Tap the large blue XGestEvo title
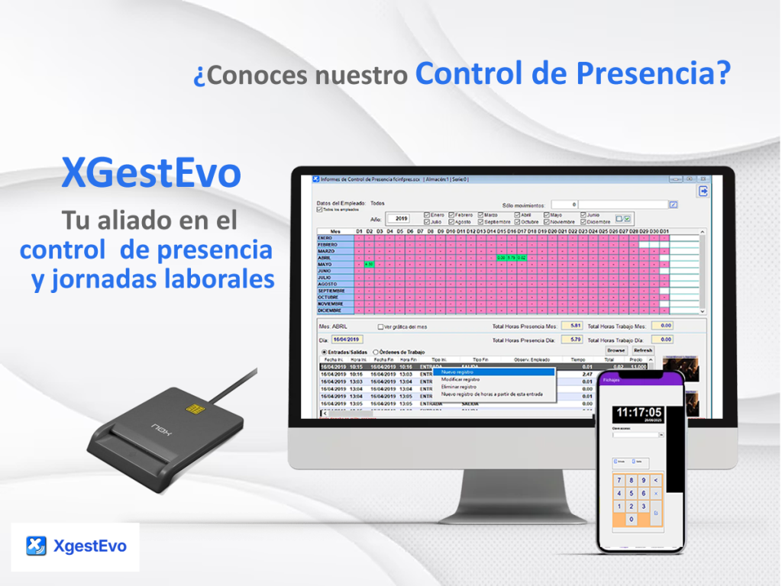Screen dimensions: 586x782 (x=151, y=174)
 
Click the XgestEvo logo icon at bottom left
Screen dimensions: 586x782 (x=36, y=546)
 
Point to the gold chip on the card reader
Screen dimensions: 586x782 (x=195, y=408)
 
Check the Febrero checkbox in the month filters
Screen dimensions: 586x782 (x=452, y=215)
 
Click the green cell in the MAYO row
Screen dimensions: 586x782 (x=368, y=264)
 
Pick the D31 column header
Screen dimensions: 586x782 (x=664, y=231)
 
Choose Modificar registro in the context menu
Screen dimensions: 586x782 (x=460, y=379)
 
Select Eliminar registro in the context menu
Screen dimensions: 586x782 (x=459, y=387)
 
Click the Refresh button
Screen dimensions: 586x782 (x=642, y=350)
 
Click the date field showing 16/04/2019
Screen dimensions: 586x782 (x=347, y=340)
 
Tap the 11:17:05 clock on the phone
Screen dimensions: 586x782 (x=639, y=413)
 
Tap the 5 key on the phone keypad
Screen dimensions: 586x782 (x=631, y=494)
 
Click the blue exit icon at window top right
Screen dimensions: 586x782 (x=703, y=191)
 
